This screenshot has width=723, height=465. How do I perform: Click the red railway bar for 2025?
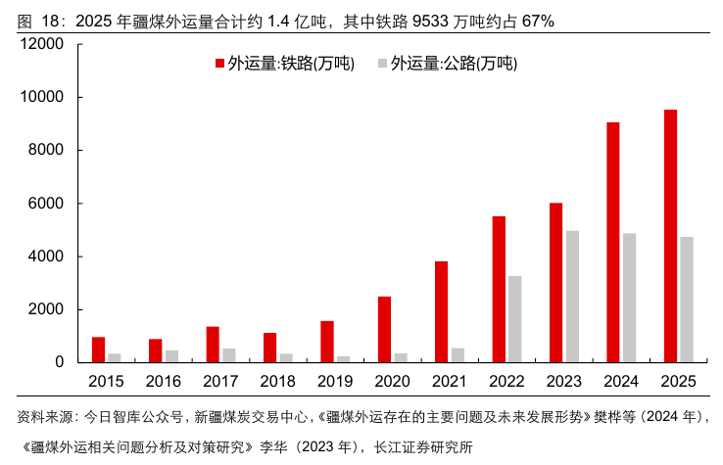pyautogui.click(x=670, y=236)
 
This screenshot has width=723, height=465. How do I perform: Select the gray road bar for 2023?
pyautogui.click(x=573, y=297)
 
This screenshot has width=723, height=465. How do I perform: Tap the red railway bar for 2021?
pyautogui.click(x=441, y=312)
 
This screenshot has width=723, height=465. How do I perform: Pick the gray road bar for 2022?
pyautogui.click(x=515, y=319)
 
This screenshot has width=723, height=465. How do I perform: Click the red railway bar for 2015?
pyautogui.click(x=98, y=349)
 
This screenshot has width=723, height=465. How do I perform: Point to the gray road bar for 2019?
pyautogui.click(x=344, y=359)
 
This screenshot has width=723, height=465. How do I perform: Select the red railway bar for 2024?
pyautogui.click(x=613, y=243)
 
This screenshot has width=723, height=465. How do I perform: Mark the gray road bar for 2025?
pyautogui.click(x=687, y=300)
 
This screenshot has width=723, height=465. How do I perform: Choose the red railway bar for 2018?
pyautogui.click(x=269, y=348)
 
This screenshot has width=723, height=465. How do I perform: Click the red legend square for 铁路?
pyautogui.click(x=219, y=63)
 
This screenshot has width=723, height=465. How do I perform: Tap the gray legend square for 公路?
pyautogui.click(x=382, y=63)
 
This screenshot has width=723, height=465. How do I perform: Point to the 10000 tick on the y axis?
pyautogui.click(x=79, y=97)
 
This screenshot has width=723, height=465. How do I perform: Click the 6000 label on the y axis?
pyautogui.click(x=46, y=204)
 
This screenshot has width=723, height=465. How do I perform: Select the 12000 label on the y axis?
pyautogui.click(x=41, y=44)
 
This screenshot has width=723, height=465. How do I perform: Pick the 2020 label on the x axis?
pyautogui.click(x=392, y=381)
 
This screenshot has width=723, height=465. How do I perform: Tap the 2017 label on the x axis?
pyautogui.click(x=220, y=381)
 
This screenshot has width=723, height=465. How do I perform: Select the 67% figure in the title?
pyautogui.click(x=538, y=22)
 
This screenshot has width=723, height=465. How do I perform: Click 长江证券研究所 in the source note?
pyautogui.click(x=423, y=446)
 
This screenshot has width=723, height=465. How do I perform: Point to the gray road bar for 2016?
pyautogui.click(x=172, y=356)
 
